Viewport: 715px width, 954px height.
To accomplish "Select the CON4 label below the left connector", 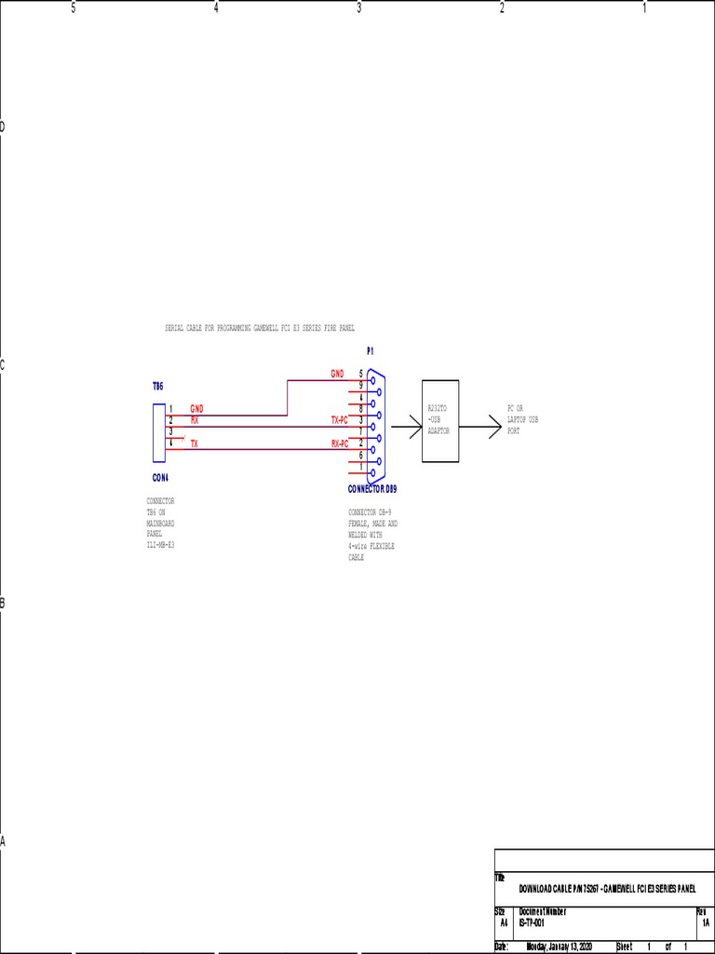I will (x=160, y=477).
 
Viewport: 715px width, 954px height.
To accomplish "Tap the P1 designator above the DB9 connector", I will (x=370, y=351).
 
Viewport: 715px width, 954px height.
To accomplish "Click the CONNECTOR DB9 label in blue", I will (x=379, y=489).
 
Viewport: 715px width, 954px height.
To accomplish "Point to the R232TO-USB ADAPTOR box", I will (x=440, y=420).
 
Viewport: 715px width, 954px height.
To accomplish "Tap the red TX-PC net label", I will (x=340, y=420).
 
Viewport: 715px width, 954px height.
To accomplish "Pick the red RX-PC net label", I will (x=340, y=443).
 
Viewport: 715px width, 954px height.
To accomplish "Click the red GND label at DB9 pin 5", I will (x=337, y=374).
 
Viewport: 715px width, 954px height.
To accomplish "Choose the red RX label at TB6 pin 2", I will (x=195, y=420).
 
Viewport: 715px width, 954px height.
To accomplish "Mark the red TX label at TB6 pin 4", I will (x=195, y=444).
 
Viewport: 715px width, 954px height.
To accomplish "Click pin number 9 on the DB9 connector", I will (x=361, y=385).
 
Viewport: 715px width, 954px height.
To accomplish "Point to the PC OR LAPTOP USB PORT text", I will (x=522, y=420).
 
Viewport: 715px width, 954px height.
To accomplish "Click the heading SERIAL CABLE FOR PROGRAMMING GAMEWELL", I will (x=260, y=328).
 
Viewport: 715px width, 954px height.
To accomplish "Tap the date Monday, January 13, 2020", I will (x=559, y=947).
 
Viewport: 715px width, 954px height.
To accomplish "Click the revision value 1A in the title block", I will (x=706, y=921).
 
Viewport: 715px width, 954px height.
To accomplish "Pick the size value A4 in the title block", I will (x=504, y=921).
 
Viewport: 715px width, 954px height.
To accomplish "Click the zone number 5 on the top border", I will (x=74, y=8).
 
